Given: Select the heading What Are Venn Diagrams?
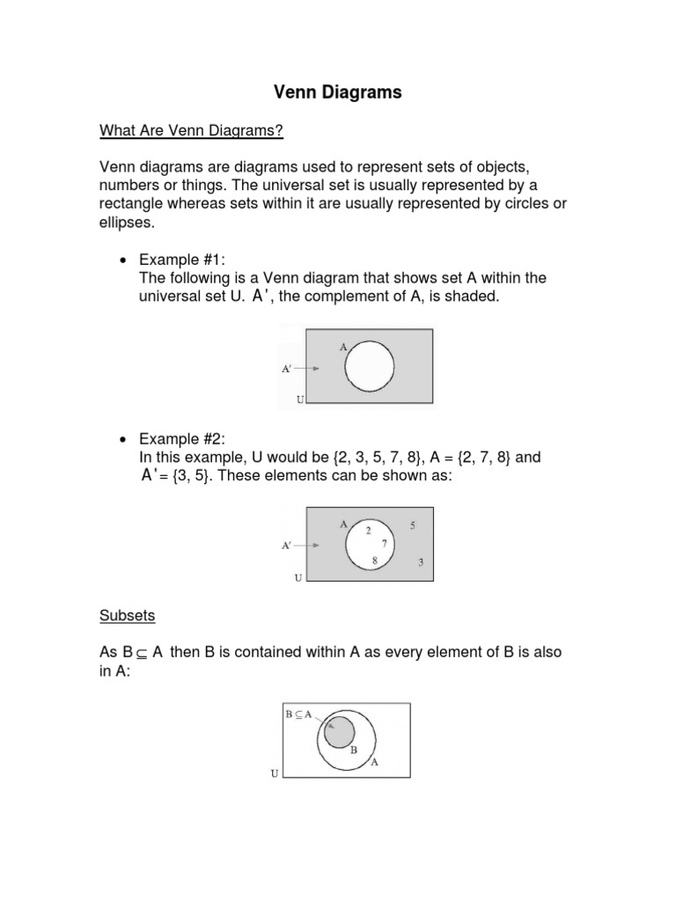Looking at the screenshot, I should click(x=191, y=131).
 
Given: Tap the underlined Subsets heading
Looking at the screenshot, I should click(x=127, y=616).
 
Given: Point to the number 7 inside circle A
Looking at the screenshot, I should click(x=384, y=544).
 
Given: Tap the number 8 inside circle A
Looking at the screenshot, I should click(x=375, y=560).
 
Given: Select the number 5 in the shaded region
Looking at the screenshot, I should click(x=414, y=526).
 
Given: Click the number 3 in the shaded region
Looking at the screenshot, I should click(x=421, y=563).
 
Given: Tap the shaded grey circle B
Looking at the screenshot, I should click(x=339, y=732).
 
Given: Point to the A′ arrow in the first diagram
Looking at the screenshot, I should click(x=308, y=369).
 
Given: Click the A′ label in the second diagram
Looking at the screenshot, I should click(x=287, y=546).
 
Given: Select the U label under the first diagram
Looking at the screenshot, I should click(x=300, y=399).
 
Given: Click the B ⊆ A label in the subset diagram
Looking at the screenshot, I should click(x=298, y=714).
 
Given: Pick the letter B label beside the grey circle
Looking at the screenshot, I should click(x=354, y=751).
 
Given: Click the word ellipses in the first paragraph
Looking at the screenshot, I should click(x=126, y=223).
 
